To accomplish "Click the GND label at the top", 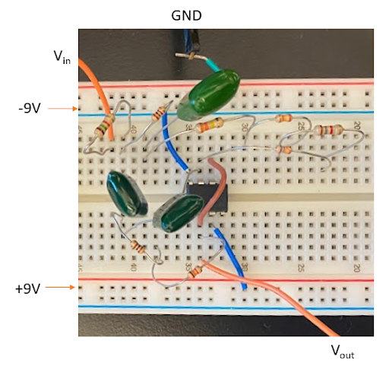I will (x=186, y=14).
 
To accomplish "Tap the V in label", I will (x=62, y=57).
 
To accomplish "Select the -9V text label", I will (x=31, y=108).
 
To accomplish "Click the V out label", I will (x=342, y=351).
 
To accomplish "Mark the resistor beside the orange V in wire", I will (x=100, y=129).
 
